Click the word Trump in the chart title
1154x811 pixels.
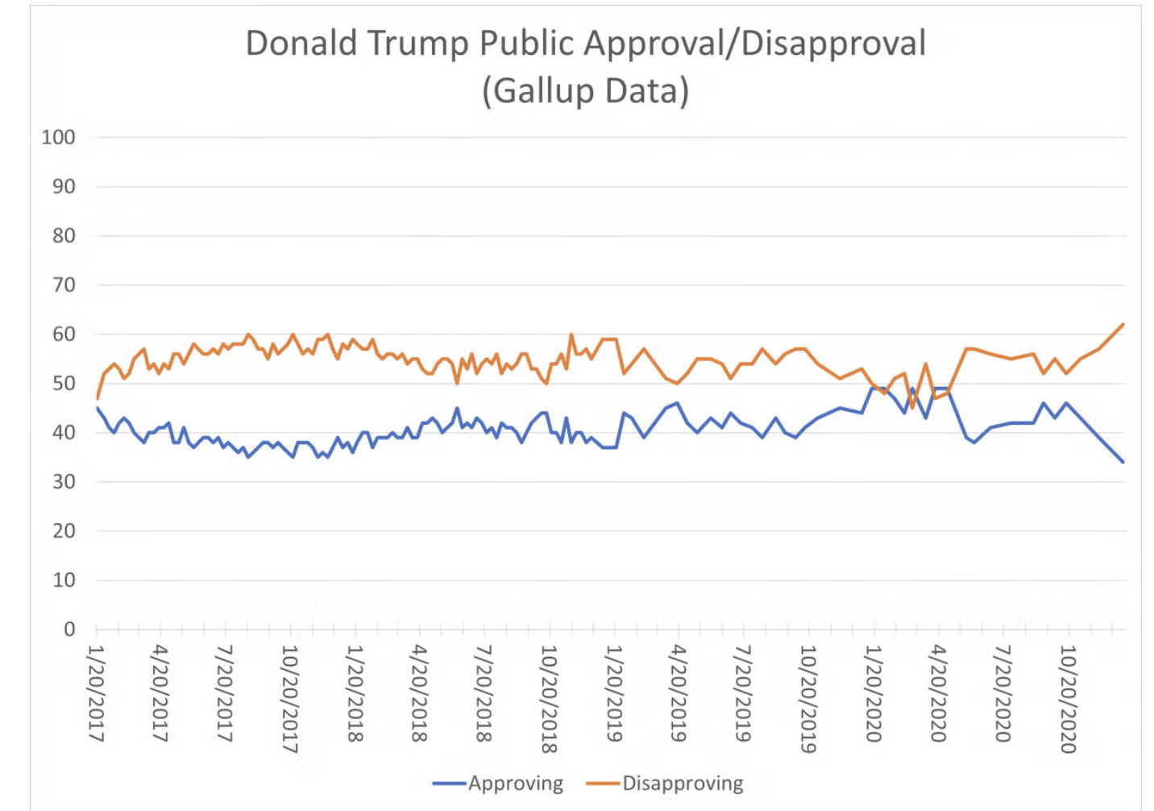[x=418, y=44]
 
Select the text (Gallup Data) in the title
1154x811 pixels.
[x=585, y=90]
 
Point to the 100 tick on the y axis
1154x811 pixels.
[x=58, y=138]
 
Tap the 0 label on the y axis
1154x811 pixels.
[x=69, y=630]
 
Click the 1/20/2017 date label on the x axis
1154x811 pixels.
[x=97, y=693]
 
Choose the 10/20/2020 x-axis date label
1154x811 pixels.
[x=1068, y=699]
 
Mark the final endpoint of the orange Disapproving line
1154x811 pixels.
[x=1123, y=325]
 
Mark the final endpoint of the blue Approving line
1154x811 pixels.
[x=1123, y=462]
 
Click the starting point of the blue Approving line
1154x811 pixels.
[x=98, y=408]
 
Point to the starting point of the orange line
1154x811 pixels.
[x=98, y=398]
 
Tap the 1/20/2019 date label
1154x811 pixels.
[x=614, y=693]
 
